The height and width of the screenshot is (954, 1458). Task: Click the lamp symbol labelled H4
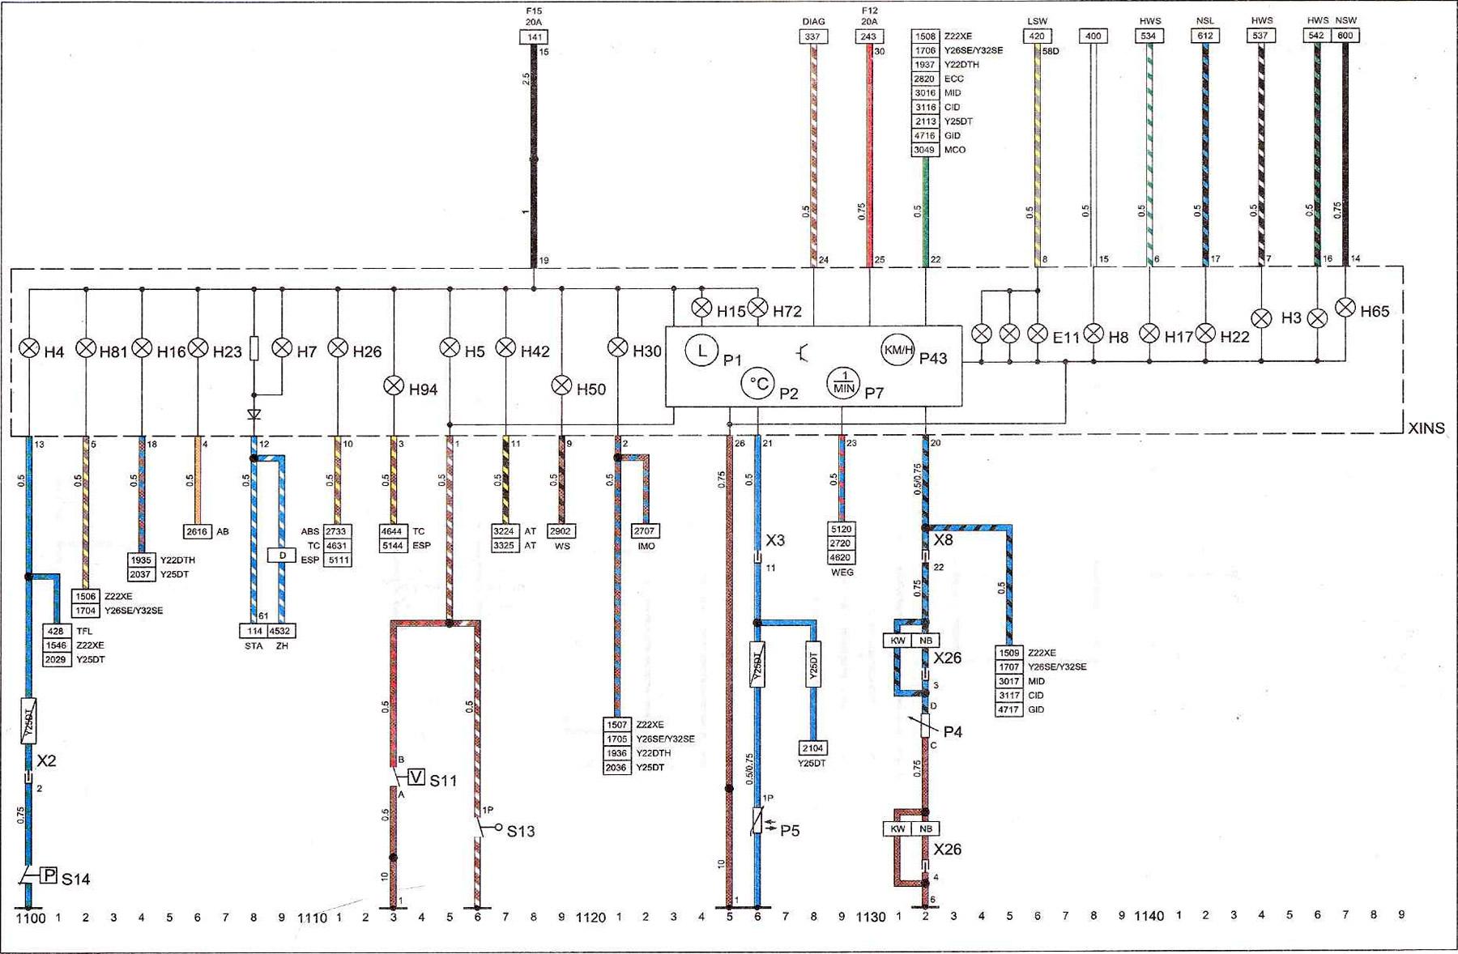tap(29, 348)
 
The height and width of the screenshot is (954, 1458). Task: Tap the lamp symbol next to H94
tap(394, 385)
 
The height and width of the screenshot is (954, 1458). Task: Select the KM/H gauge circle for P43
tap(897, 350)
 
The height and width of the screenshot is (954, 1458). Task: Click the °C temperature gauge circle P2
tap(758, 383)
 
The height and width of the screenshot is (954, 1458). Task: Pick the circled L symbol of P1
tap(701, 351)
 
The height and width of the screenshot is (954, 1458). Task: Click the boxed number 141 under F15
tap(534, 36)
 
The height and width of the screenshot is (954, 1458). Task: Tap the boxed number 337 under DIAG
tap(812, 36)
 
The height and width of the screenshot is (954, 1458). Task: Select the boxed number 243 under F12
tap(868, 36)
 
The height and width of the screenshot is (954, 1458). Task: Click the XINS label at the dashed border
tap(1426, 428)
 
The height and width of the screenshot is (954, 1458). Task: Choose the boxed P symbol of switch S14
tap(49, 875)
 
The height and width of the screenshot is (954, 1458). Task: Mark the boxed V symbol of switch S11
tap(416, 777)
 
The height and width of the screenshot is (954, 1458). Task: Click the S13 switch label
tap(521, 831)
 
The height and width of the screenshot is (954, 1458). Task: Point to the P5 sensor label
tap(790, 830)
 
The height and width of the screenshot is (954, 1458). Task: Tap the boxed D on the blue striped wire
tap(282, 556)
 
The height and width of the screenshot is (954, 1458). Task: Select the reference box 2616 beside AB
tap(197, 531)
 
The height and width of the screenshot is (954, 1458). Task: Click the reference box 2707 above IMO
tap(645, 530)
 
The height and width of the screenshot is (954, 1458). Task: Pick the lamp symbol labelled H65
tap(1345, 308)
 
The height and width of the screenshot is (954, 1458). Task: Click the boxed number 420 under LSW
tap(1037, 36)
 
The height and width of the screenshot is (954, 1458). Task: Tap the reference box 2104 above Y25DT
tap(812, 748)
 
